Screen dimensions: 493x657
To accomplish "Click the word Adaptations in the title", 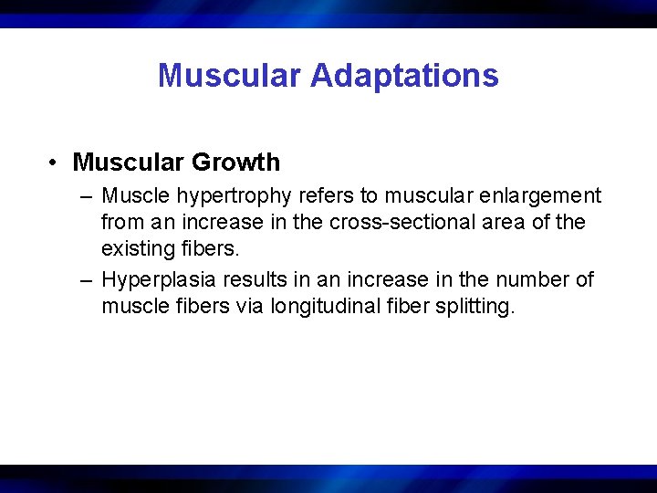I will tap(404, 75).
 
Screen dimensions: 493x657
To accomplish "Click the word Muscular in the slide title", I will tap(229, 75).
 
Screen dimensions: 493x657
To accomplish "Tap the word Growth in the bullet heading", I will tap(235, 163).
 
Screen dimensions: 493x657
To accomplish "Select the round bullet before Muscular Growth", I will tap(56, 163).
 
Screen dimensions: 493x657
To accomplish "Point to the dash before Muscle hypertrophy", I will tap(86, 196).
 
